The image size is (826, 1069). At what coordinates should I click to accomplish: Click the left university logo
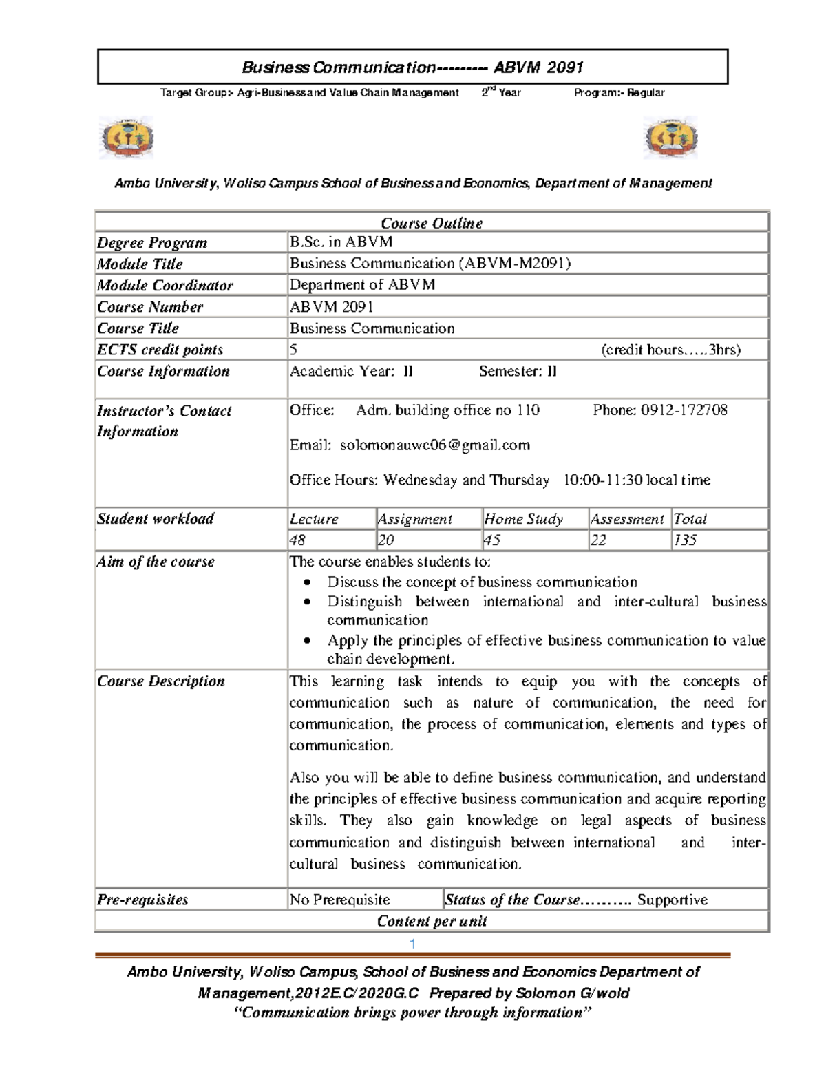click(x=127, y=138)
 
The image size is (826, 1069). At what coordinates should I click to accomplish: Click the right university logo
click(x=670, y=138)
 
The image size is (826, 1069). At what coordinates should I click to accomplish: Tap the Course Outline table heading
click(x=432, y=223)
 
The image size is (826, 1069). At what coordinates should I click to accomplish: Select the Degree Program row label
click(x=152, y=243)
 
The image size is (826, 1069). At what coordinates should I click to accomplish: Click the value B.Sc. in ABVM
click(x=341, y=242)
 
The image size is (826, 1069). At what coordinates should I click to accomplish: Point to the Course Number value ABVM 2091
click(x=331, y=307)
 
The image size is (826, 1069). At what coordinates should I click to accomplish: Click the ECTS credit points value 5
click(x=294, y=350)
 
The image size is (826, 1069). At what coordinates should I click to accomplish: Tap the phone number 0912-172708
click(x=684, y=410)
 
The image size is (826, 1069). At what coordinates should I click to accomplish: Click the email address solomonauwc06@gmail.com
click(x=435, y=445)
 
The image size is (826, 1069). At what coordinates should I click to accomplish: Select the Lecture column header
click(x=314, y=519)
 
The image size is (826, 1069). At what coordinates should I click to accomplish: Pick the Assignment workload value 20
click(x=385, y=540)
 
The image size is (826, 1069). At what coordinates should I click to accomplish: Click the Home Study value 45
click(x=492, y=540)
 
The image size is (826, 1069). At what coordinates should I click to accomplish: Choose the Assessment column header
click(x=627, y=519)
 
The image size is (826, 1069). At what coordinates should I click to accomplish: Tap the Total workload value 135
click(x=685, y=540)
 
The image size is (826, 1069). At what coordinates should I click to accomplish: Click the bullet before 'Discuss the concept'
click(x=308, y=582)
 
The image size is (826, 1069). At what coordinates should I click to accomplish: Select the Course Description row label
click(x=161, y=681)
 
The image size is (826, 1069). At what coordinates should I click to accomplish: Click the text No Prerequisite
click(x=339, y=900)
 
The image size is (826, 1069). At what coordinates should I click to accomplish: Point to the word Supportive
click(x=672, y=900)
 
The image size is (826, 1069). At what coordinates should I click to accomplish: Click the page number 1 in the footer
click(x=412, y=944)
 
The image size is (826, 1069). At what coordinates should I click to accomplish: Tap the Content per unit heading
click(x=432, y=922)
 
